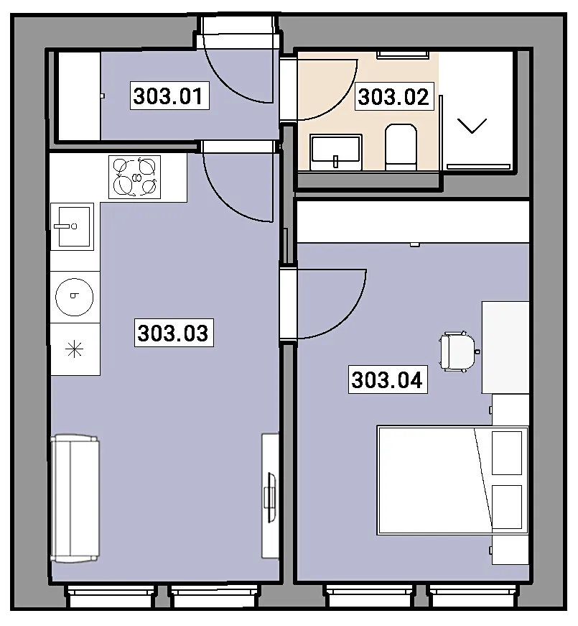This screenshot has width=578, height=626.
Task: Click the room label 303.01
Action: tap(169, 96)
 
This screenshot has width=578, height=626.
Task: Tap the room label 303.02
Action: tap(393, 96)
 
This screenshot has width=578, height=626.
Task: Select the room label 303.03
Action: tap(174, 333)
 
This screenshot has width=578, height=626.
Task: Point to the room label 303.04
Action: tap(388, 379)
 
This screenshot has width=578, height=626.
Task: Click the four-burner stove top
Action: tap(135, 178)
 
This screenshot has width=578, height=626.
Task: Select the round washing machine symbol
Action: tap(75, 297)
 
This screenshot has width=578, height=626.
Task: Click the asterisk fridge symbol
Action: tap(75, 350)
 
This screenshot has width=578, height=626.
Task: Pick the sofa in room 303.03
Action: tap(75, 499)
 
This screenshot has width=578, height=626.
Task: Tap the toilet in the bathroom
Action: tap(401, 147)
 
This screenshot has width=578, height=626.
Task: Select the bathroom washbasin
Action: tap(336, 152)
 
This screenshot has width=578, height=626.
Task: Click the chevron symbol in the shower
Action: tap(472, 126)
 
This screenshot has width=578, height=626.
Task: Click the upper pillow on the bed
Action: tap(507, 453)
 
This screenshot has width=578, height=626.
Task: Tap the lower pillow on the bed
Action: tap(507, 507)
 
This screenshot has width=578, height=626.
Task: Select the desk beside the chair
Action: tap(505, 347)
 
